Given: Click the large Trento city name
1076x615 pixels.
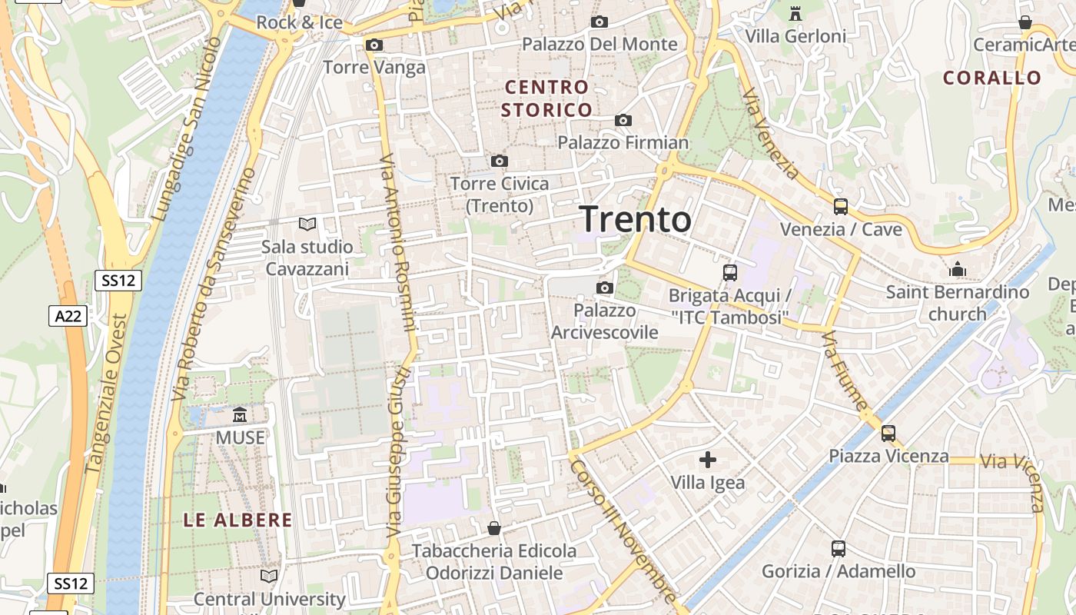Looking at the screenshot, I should coord(635,219).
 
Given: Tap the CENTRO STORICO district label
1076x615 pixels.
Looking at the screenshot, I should coord(546,98).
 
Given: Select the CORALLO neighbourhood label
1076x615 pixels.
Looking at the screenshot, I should coord(991,78).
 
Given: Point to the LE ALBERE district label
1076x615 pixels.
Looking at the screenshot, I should coord(237,520).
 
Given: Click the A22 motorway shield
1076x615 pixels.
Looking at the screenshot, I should coord(68,315).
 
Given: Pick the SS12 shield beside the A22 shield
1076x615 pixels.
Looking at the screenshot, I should coord(118,281).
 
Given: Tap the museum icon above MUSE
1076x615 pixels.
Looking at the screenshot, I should coord(240,415).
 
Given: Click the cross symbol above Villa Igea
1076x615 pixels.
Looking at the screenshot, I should coord(708,460).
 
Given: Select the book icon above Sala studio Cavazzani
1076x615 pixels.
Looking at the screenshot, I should coord(307,224).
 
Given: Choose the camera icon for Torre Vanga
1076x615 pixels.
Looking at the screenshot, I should coord(374,45).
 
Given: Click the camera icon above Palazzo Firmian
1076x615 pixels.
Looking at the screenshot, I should coord(623,120).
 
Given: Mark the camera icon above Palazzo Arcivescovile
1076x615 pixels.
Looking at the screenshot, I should coord(605,288).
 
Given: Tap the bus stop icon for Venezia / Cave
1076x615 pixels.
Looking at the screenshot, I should coord(841,206).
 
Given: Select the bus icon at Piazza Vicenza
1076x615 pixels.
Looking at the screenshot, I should coord(888,433).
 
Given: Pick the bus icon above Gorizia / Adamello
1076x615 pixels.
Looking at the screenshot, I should coord(839,549).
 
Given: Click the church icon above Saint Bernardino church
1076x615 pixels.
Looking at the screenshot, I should coord(958,269).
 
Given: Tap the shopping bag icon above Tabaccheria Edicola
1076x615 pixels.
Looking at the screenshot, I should coord(494,528).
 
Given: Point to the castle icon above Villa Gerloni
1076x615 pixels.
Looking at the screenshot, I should coord(795,14).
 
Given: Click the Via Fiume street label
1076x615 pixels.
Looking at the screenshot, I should coord(845,371).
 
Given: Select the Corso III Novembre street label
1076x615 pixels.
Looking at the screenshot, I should coord(623,531).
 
